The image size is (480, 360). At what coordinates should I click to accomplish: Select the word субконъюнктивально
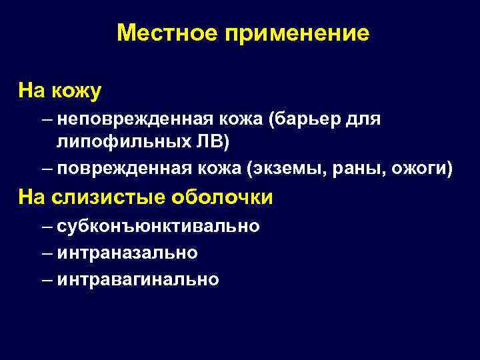tap(159, 227)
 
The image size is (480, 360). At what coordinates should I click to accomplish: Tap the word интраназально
tap(127, 253)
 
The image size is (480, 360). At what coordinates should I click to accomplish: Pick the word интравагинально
tap(138, 279)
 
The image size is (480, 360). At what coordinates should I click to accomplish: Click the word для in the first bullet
tap(365, 119)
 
